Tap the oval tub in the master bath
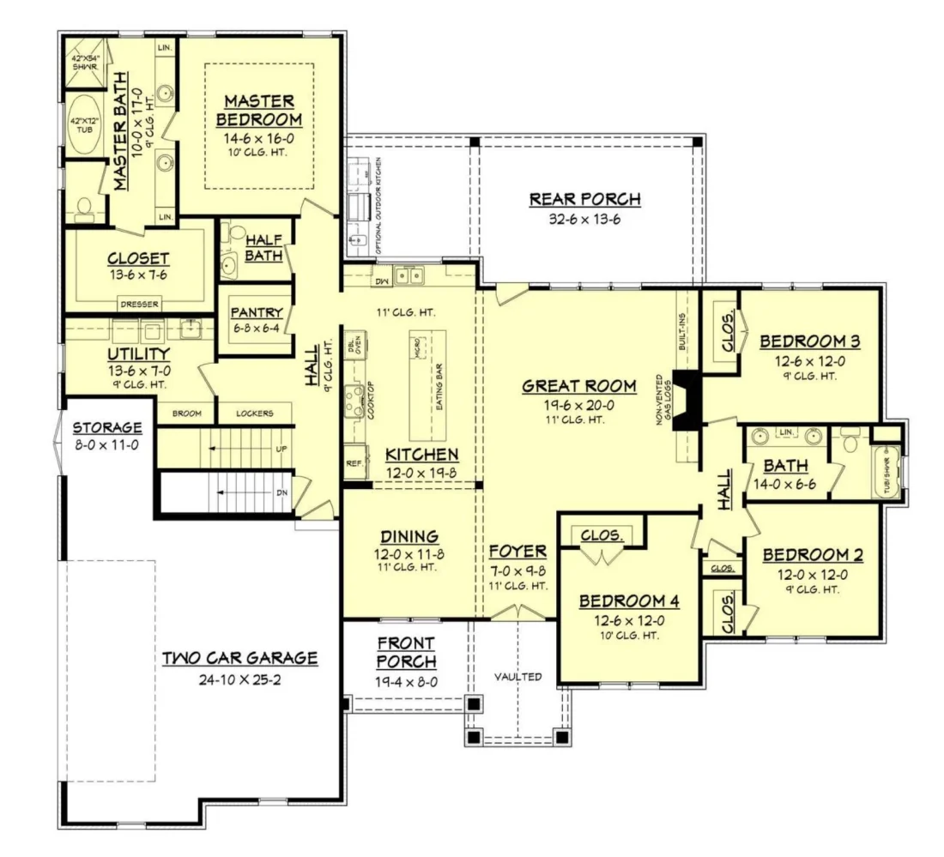click(84, 130)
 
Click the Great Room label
click(579, 386)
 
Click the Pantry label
click(251, 312)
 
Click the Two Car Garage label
click(240, 658)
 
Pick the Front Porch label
click(406, 652)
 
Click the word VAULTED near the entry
click(517, 677)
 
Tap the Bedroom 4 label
click(622, 601)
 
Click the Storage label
click(106, 427)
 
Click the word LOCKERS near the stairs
click(255, 413)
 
